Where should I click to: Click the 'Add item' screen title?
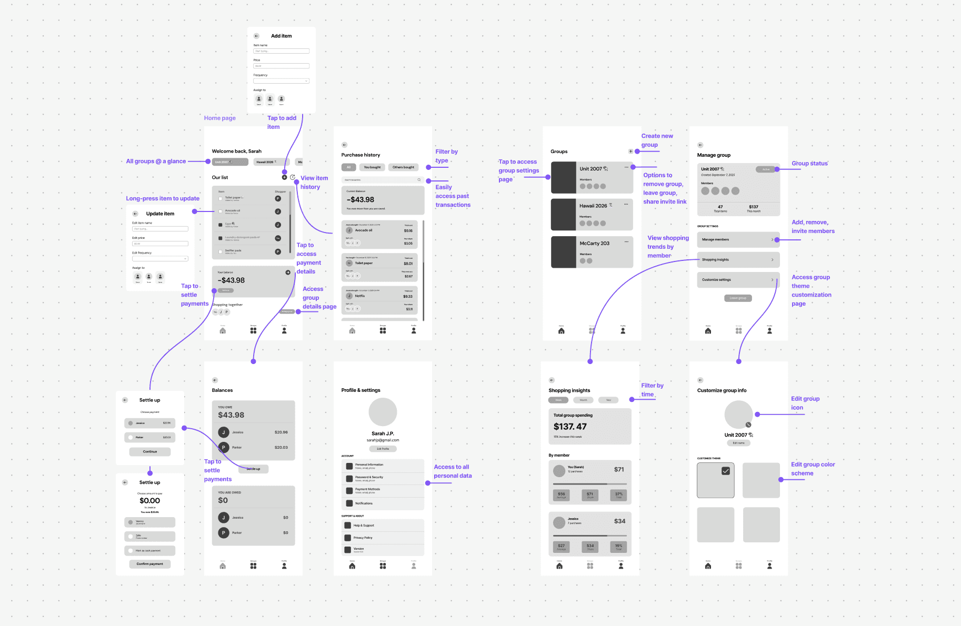pos(281,36)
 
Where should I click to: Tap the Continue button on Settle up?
pos(150,451)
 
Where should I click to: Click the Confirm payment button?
pos(150,564)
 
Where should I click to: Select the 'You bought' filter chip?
pos(372,167)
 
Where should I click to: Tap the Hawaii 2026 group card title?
pos(593,206)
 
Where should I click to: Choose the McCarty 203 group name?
pos(594,244)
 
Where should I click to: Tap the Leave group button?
pos(738,298)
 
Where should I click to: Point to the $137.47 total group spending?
pos(570,427)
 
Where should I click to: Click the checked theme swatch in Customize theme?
pos(715,480)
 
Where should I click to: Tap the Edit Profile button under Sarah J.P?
pos(383,449)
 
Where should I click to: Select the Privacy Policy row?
pos(383,538)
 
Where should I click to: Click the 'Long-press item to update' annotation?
pos(163,198)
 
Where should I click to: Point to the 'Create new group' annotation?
pos(657,140)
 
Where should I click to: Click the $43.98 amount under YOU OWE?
pos(231,415)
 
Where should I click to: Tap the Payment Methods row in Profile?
pos(383,490)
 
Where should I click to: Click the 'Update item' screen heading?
pos(160,214)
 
